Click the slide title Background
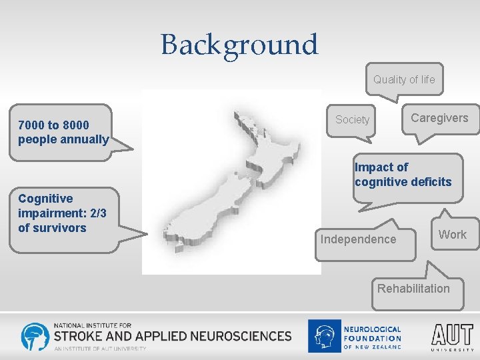click(239, 45)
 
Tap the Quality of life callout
click(403, 80)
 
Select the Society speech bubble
click(352, 120)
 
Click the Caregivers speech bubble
click(439, 119)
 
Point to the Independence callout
click(358, 239)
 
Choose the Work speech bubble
click(453, 235)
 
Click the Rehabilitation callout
click(413, 289)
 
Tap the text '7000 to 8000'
click(53, 125)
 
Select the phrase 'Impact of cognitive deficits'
click(403, 175)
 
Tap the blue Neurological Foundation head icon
click(323, 336)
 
